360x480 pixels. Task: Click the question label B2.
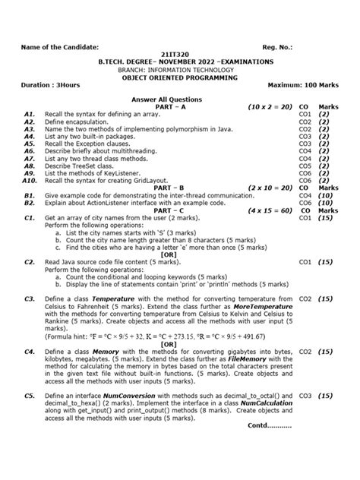(x=30, y=202)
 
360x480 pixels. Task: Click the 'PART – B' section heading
(x=180, y=187)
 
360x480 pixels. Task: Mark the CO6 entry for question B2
(x=306, y=202)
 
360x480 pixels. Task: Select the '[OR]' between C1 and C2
(x=180, y=253)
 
